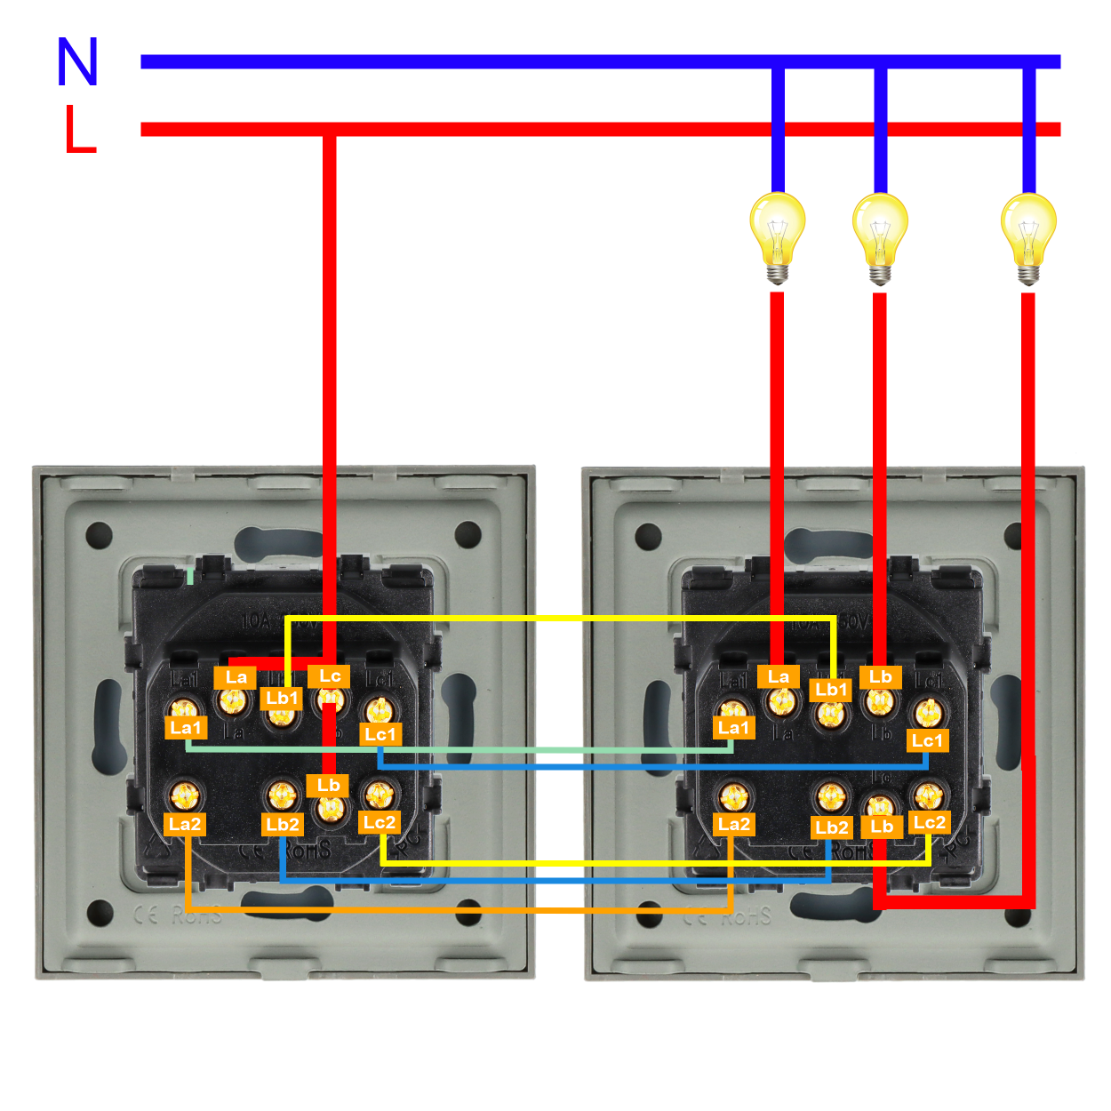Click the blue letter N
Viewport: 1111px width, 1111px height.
coord(77,62)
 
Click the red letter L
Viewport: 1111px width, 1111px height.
coord(80,130)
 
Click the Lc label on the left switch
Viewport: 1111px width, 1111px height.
coord(330,676)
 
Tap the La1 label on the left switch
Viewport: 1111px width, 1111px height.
coord(186,728)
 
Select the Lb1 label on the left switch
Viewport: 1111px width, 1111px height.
coord(282,699)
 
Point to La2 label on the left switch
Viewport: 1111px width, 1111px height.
coord(186,824)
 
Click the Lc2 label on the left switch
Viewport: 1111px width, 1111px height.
coord(380,822)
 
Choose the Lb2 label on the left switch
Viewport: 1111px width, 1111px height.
coord(283,825)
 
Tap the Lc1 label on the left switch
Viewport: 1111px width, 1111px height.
coord(380,734)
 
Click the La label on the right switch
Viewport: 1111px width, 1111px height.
coord(779,677)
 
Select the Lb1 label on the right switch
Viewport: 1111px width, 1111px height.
coord(832,690)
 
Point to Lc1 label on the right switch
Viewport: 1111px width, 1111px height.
coord(927,740)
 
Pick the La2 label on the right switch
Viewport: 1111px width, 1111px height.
coord(734,824)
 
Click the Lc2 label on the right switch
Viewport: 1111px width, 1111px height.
coord(930,822)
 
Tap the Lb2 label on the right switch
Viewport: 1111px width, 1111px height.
coord(832,827)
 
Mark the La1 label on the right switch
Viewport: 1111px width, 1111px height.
coord(734,728)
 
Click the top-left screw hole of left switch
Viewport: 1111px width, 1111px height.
coord(99,535)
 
